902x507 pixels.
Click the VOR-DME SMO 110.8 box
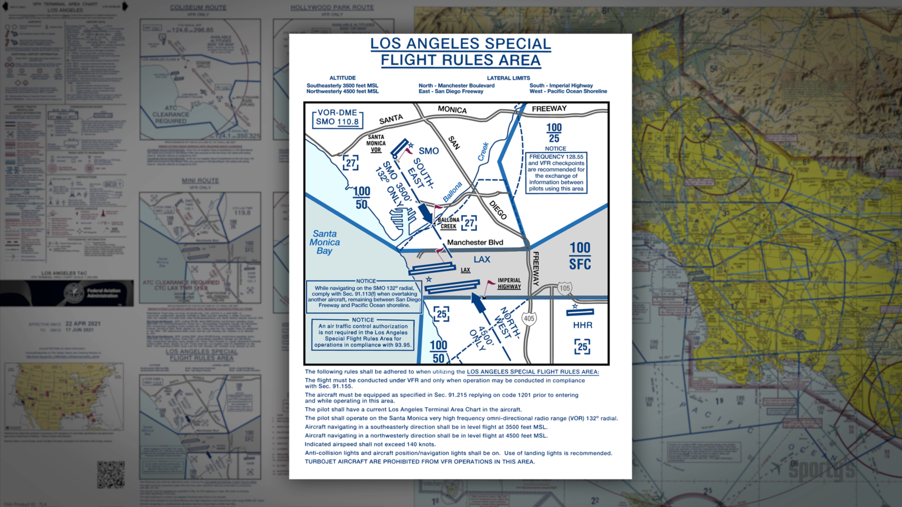point(337,118)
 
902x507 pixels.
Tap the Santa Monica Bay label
point(324,242)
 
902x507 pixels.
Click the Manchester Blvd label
point(475,242)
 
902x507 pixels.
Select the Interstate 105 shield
point(564,288)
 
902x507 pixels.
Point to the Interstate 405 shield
point(529,319)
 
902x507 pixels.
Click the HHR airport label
point(583,325)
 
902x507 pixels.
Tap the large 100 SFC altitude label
point(580,256)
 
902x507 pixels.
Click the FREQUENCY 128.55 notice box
point(556,173)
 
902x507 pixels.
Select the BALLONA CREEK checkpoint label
point(449,223)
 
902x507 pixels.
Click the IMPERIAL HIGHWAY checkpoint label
point(509,283)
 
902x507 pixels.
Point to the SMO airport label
point(429,151)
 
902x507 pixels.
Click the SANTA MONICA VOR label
point(376,143)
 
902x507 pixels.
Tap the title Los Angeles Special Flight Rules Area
point(460,52)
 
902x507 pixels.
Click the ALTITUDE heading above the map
point(342,78)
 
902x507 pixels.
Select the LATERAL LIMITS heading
point(509,78)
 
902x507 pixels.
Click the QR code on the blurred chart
point(111,474)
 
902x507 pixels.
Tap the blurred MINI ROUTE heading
point(200,181)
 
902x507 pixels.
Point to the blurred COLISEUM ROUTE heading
point(198,8)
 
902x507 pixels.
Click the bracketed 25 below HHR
point(582,347)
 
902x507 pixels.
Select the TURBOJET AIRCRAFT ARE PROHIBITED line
point(419,462)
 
